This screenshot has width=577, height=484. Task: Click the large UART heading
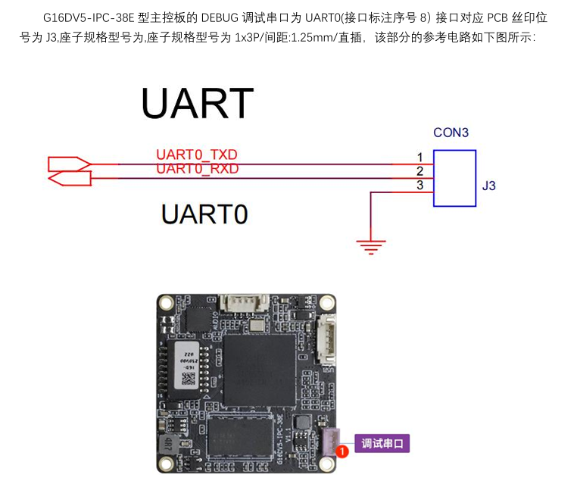(197, 104)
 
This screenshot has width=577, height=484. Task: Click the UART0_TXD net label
(197, 155)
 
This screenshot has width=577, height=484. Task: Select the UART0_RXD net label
(197, 169)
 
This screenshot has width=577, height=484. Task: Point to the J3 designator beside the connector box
(488, 186)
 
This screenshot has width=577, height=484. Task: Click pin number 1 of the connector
(419, 158)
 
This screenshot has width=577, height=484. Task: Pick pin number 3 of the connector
(419, 186)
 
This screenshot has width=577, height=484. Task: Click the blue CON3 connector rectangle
(454, 178)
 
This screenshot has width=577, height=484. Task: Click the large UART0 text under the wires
(204, 214)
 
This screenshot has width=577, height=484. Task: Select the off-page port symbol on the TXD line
(69, 163)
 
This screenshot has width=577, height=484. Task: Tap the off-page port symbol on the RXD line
(69, 178)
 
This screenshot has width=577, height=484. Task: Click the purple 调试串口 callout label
(384, 444)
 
